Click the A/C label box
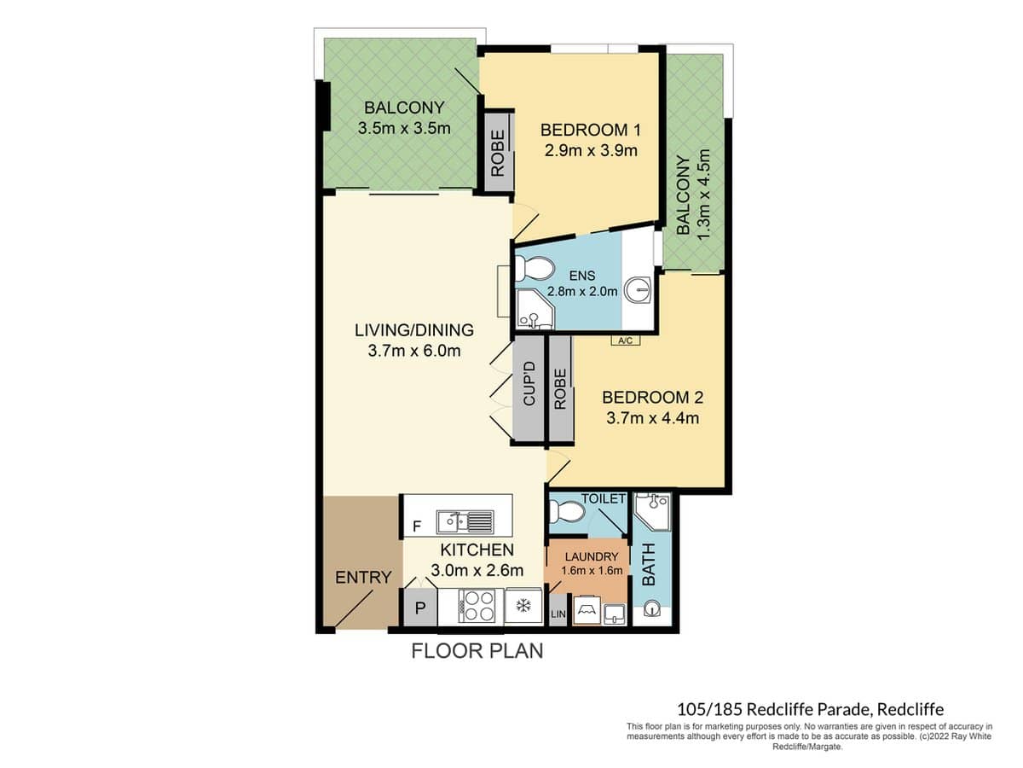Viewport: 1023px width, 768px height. coord(625,341)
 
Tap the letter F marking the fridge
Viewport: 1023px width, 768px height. coord(416,527)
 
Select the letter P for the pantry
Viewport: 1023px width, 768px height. coord(419,608)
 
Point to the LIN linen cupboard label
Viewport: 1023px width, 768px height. coord(558,614)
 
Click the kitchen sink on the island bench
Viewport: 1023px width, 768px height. coord(464,521)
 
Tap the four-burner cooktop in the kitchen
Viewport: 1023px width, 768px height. coord(477,607)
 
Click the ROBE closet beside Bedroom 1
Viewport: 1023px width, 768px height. coord(498,152)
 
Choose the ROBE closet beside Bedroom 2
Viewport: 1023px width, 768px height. coord(560,389)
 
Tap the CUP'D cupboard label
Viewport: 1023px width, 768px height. coord(529,384)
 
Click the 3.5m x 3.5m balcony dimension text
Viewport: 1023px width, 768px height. coord(404,128)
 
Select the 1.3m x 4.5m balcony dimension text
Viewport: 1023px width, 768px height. coord(703,195)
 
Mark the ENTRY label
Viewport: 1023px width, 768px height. coord(362,578)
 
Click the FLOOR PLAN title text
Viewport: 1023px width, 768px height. coord(477,651)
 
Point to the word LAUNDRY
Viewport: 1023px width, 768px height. coord(589,556)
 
